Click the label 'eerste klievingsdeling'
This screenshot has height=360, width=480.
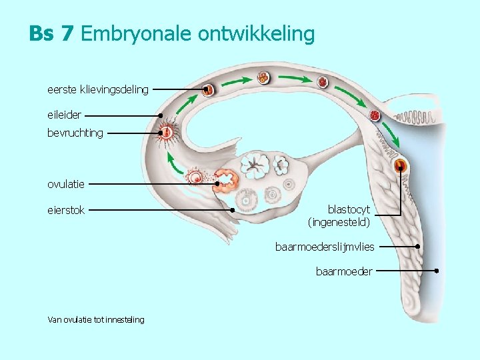(98, 89)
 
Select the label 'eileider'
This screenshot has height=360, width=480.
(64, 115)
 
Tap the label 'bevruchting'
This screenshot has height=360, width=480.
(75, 133)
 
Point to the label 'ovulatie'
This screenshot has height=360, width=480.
(66, 184)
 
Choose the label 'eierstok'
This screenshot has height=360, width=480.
(66, 210)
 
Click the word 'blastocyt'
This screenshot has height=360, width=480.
(349, 209)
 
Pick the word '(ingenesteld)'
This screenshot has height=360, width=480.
(339, 221)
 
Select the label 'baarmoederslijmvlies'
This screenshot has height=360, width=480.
(325, 247)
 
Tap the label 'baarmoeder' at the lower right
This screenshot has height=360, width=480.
(344, 271)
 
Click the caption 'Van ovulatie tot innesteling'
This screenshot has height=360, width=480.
(96, 320)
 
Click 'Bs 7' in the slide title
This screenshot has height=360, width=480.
(51, 33)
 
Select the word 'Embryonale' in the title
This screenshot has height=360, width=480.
(137, 33)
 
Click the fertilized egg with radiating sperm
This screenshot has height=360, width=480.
(167, 133)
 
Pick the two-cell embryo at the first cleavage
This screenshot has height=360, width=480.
(209, 89)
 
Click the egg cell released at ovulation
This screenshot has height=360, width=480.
(196, 177)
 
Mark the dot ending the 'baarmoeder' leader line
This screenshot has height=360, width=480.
(436, 271)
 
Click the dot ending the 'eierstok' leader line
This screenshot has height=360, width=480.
(232, 210)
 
